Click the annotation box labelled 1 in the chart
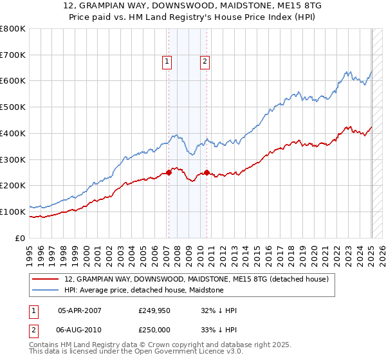[x=167, y=62]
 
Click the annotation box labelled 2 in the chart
[x=205, y=62]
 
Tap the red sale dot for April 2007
[x=169, y=172]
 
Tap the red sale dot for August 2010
[x=207, y=172]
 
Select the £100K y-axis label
[x=14, y=212]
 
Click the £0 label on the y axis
[x=21, y=238]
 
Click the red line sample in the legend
[x=46, y=279]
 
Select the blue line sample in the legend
[x=46, y=290]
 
